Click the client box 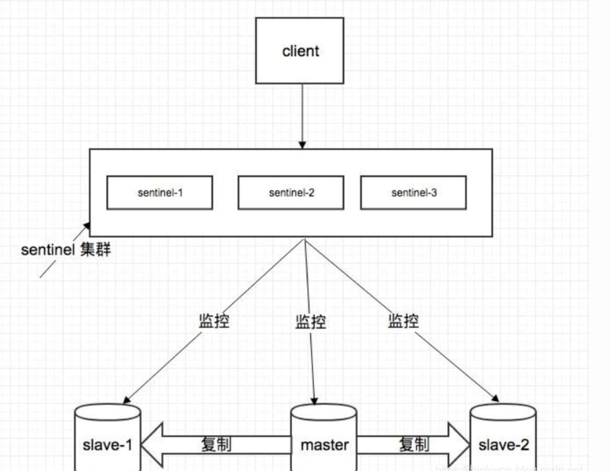pyautogui.click(x=300, y=51)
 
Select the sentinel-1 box pyautogui.click(x=159, y=192)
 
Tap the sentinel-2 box pyautogui.click(x=291, y=192)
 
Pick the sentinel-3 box pyautogui.click(x=413, y=192)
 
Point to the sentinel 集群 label pyautogui.click(x=66, y=250)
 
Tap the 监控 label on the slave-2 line pyautogui.click(x=403, y=321)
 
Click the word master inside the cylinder pyautogui.click(x=324, y=445)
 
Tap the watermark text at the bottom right pyautogui.click(x=510, y=467)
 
